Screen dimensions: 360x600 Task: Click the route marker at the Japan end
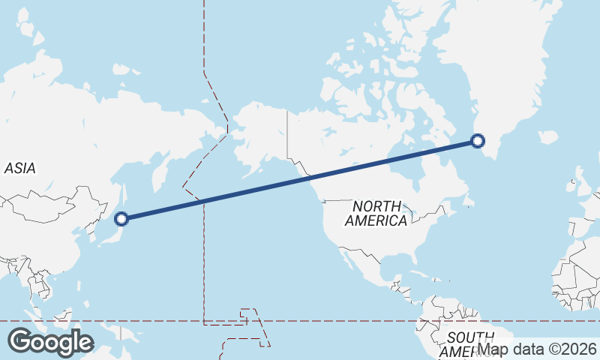[121, 219]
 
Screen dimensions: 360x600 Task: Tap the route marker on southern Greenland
[477, 139]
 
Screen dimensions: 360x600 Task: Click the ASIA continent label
[20, 169]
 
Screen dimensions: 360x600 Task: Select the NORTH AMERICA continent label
[376, 214]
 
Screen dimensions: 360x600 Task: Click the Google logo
[50, 342]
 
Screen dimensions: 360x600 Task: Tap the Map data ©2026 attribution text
[538, 349]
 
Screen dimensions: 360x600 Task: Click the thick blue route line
[300, 179]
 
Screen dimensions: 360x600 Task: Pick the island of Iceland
[548, 138]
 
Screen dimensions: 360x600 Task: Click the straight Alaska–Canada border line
[288, 135]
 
